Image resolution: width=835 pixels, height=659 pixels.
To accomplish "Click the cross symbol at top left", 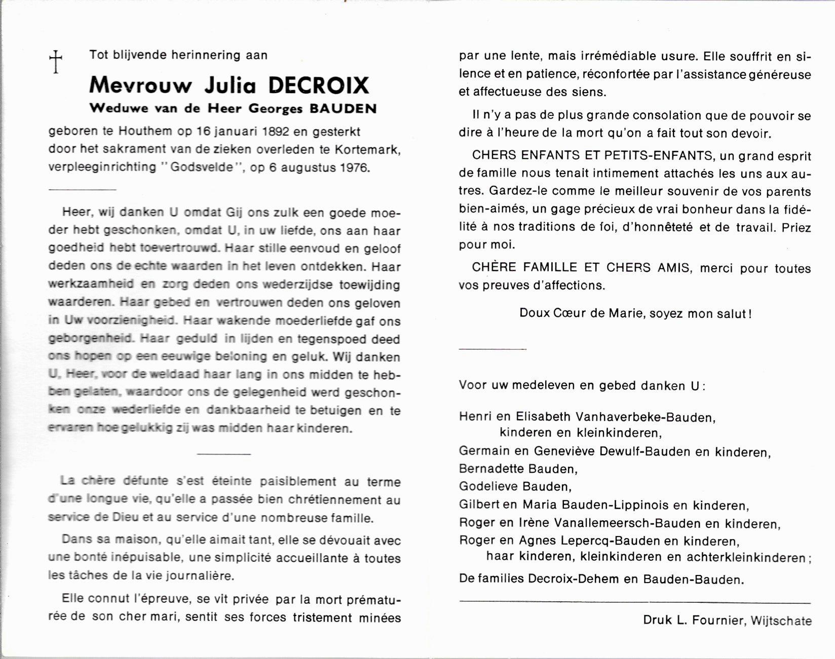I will [x=55, y=62].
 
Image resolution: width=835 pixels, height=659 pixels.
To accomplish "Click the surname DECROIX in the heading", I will [x=318, y=86].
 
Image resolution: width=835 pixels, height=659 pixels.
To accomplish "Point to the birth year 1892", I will [x=276, y=132].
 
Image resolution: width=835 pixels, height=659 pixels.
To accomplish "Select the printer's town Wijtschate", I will [x=781, y=621].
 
